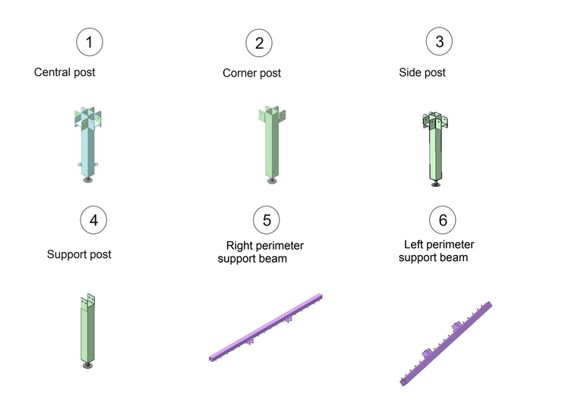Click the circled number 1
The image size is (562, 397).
[x=90, y=42]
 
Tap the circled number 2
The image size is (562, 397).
[x=259, y=43]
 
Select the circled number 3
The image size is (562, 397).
[x=439, y=41]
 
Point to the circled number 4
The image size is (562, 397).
[x=93, y=220]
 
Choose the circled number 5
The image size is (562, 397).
[x=267, y=220]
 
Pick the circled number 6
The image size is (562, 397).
[x=443, y=220]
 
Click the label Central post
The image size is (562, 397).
[x=65, y=72]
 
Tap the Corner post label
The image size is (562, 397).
[x=251, y=73]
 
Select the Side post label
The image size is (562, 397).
[x=422, y=72]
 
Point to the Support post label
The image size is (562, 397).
[x=79, y=254]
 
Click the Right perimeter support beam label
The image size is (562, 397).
[x=260, y=252]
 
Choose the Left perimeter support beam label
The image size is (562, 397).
[x=436, y=251]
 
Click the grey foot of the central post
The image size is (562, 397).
[x=88, y=179]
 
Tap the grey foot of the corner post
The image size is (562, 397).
[x=272, y=181]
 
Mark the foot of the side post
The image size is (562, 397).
[x=436, y=184]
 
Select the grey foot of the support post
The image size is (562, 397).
[x=87, y=365]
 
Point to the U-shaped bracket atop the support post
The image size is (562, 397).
[x=88, y=301]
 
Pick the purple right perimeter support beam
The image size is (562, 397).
[x=266, y=327]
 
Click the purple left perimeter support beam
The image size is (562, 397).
[x=446, y=344]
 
